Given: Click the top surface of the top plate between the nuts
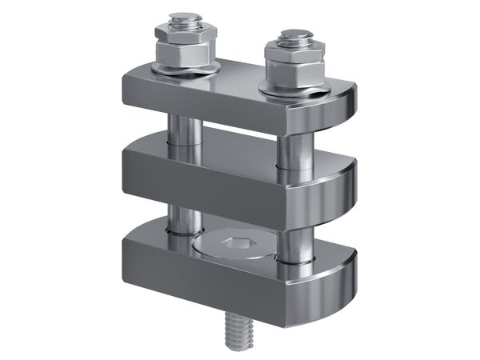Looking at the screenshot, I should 240,76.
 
